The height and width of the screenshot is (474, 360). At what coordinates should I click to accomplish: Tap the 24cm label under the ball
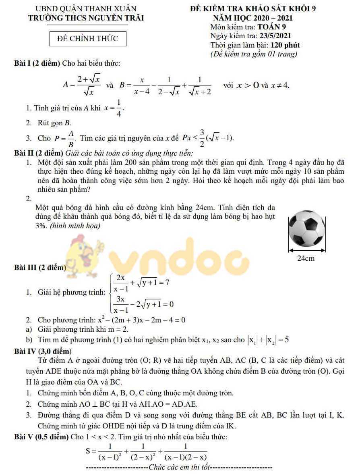pos(306,258)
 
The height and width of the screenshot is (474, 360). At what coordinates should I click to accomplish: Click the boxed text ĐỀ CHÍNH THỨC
pos(87,39)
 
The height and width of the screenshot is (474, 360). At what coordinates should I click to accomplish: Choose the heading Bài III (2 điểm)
pos(40,267)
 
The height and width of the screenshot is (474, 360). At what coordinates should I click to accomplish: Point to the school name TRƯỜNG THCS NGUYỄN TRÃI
pos(86,18)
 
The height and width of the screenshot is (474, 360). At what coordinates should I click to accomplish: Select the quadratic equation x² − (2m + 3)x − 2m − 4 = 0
pos(141,320)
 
